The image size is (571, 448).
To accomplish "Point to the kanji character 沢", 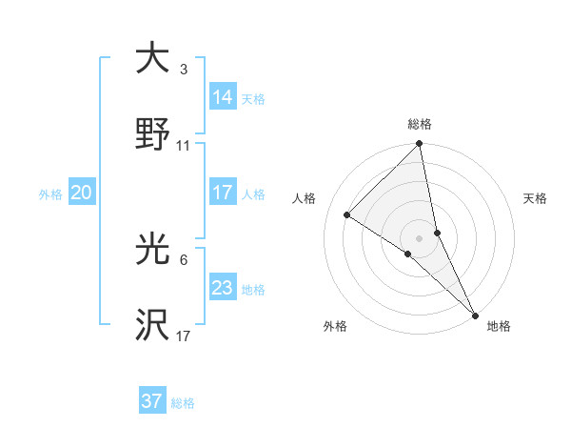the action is pos(152,326).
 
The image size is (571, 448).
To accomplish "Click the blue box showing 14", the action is pos(223,96).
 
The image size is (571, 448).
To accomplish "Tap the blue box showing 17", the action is pos(223,193).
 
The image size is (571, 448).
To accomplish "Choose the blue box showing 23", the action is pos(223,288).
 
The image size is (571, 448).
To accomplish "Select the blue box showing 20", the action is pos(81,193).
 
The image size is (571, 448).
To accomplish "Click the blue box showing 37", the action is pos(152,401).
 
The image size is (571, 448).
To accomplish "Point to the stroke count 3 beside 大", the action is pos(183,70).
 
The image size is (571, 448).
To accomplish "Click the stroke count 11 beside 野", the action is pos(183,146).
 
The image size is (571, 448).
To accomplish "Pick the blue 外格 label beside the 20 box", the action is pos(50,193).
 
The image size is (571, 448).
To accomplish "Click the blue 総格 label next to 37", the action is pos(183,403).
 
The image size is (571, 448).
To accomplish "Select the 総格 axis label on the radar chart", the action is pos(420,124).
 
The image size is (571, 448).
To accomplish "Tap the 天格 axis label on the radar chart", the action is pos(535,198).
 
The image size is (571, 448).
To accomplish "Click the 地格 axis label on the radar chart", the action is pos(499,327).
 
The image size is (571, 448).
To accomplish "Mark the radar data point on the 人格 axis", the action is pos(347,215).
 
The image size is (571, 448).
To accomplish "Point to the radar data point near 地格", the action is pos(474,316).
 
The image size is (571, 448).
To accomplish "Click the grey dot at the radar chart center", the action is pos(420,237).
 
